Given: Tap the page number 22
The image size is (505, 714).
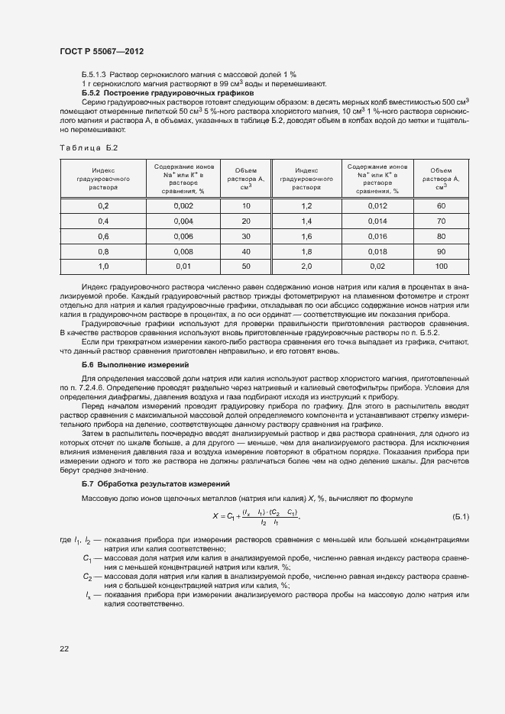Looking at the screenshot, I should coord(63,648).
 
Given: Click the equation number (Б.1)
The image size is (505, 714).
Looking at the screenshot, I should coord(461,517).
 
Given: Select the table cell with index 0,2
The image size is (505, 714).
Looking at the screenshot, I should coord(103,206).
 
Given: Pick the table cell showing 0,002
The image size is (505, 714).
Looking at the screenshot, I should coord(183,206).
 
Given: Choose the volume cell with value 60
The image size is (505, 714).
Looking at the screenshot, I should coord(441,206).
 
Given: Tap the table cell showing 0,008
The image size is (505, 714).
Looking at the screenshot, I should coord(183,250).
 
